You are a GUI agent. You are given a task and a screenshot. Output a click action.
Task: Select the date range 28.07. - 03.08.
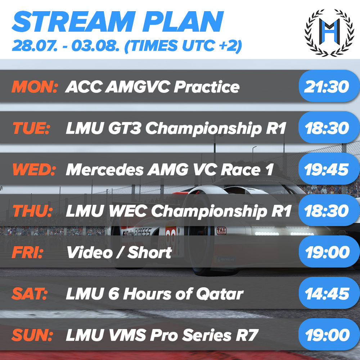click(x=66, y=46)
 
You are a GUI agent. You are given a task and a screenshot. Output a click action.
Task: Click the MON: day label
click(x=35, y=87)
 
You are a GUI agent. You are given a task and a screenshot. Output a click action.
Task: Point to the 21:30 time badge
click(x=327, y=87)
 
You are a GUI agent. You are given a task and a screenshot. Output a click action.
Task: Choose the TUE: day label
click(x=31, y=129)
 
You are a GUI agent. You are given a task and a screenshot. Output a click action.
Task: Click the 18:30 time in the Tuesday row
click(x=327, y=129)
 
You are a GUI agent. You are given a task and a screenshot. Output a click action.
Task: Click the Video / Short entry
click(x=119, y=253)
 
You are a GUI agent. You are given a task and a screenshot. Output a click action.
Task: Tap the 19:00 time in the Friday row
click(x=327, y=253)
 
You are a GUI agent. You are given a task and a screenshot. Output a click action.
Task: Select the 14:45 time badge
click(x=327, y=294)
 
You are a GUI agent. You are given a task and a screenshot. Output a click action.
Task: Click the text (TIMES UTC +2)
click(x=183, y=46)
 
